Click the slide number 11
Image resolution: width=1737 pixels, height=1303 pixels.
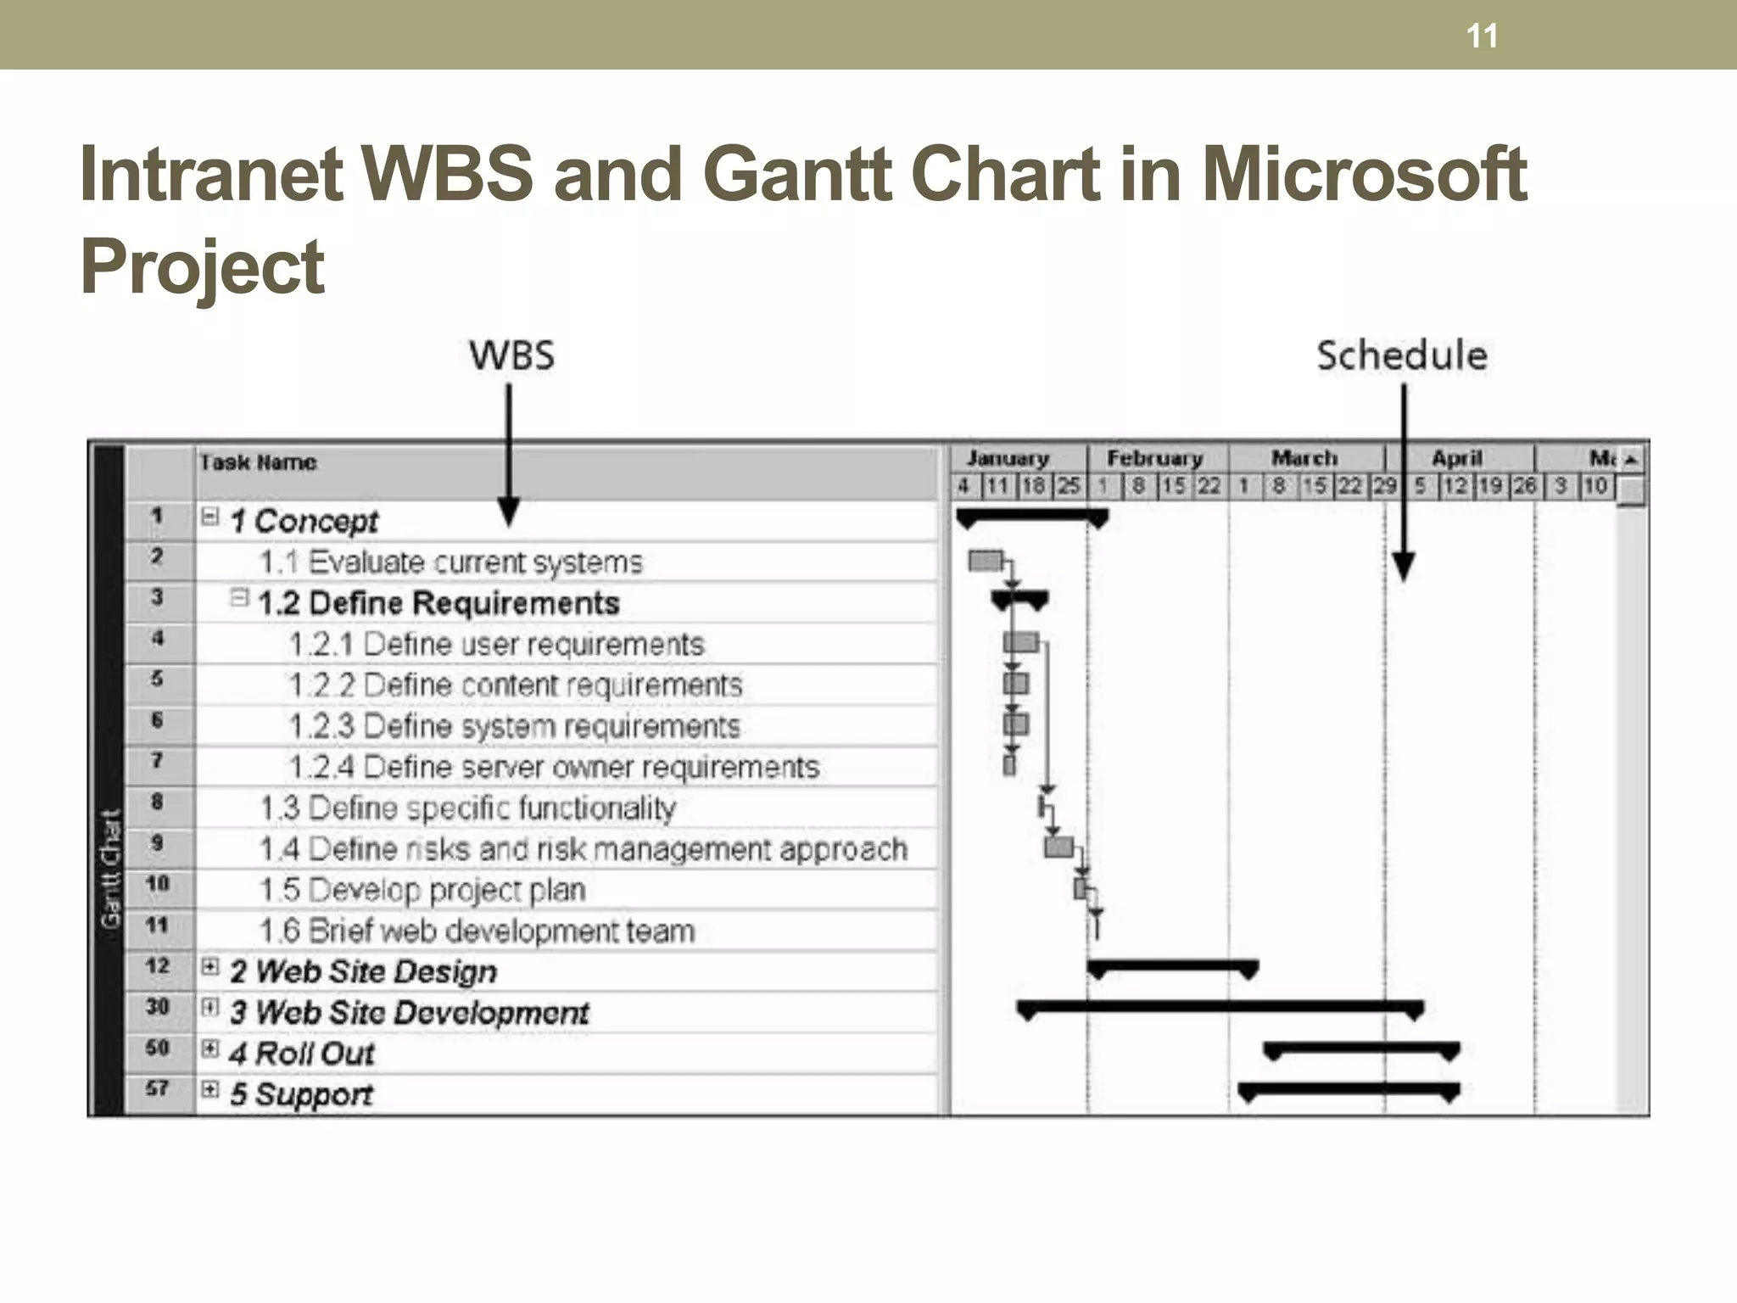coord(1482,36)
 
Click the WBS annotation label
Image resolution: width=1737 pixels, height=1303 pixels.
coord(511,355)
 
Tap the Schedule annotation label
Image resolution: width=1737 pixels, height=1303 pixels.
coord(1401,355)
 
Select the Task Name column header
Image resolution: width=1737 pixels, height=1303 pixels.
coord(258,463)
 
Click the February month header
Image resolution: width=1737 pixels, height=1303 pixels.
coord(1154,459)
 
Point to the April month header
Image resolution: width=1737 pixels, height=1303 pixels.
coord(1456,459)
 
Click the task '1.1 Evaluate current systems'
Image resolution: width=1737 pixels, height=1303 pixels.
coord(450,562)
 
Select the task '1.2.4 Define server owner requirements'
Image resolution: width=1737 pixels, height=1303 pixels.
coord(554,768)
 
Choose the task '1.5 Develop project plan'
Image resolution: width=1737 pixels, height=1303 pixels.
coord(422,891)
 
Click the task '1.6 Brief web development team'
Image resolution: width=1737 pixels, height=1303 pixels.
coord(477,931)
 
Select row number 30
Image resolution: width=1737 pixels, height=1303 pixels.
coord(157,1007)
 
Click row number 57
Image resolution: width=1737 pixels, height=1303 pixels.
coord(157,1088)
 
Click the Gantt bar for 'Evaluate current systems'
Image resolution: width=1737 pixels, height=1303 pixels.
coord(985,561)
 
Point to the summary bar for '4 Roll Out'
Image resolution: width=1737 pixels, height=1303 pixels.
coord(1361,1049)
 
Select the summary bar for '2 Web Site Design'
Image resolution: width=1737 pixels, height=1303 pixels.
coord(1172,967)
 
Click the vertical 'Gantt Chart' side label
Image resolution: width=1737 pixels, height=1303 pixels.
coord(110,869)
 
